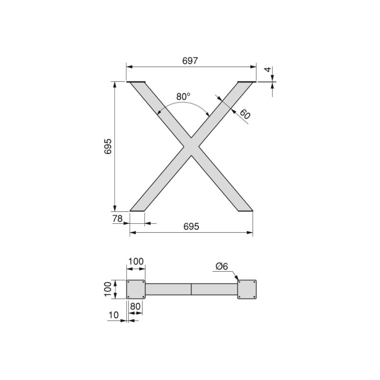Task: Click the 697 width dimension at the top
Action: click(x=190, y=60)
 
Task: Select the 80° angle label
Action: click(x=183, y=96)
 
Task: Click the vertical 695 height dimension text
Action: click(x=108, y=146)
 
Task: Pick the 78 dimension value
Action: click(x=118, y=218)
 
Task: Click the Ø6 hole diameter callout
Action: click(x=221, y=266)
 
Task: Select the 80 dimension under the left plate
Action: click(x=135, y=306)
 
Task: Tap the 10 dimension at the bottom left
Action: click(x=114, y=315)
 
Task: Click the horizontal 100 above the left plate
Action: click(x=136, y=261)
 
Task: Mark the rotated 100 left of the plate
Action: click(x=108, y=289)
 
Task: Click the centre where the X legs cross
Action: click(x=191, y=146)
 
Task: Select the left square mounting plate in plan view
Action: click(x=136, y=289)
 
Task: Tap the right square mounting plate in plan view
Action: click(x=247, y=289)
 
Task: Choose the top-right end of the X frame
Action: click(x=246, y=83)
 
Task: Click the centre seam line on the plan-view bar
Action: click(x=191, y=289)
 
